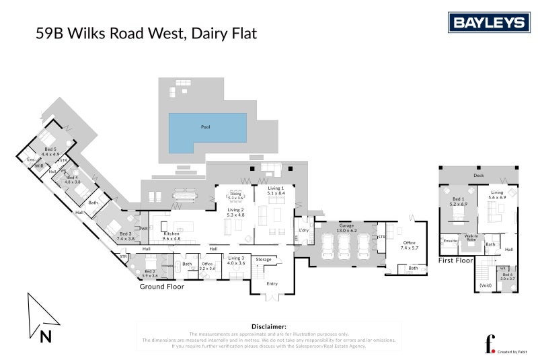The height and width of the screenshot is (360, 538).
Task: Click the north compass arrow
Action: click(40, 316)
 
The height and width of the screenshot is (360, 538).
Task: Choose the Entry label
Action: click(271, 284)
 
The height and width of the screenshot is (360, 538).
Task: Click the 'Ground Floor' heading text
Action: click(161, 287)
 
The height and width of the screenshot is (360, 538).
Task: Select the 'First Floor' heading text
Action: click(456, 259)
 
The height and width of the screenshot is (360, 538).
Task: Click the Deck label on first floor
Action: click(478, 176)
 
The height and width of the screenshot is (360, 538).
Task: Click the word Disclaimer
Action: click(269, 326)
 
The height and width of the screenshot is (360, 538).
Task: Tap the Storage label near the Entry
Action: click(264, 259)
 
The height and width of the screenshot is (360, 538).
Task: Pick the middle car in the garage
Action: click(344, 246)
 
